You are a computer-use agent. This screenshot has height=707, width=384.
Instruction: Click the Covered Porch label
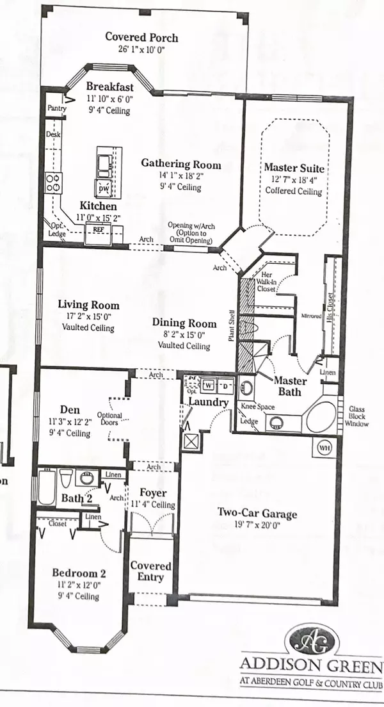tap(141, 37)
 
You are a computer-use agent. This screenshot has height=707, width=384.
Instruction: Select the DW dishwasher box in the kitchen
tap(102, 188)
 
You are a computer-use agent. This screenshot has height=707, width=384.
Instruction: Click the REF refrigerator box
tap(99, 229)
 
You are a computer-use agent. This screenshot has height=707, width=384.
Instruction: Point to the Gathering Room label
tap(181, 165)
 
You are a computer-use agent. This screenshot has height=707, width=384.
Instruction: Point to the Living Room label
tap(86, 304)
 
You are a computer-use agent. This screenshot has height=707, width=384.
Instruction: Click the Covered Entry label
tap(151, 571)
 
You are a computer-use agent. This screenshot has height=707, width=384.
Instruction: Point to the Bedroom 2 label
tap(78, 573)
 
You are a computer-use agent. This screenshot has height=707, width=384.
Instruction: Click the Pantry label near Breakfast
tap(57, 110)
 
